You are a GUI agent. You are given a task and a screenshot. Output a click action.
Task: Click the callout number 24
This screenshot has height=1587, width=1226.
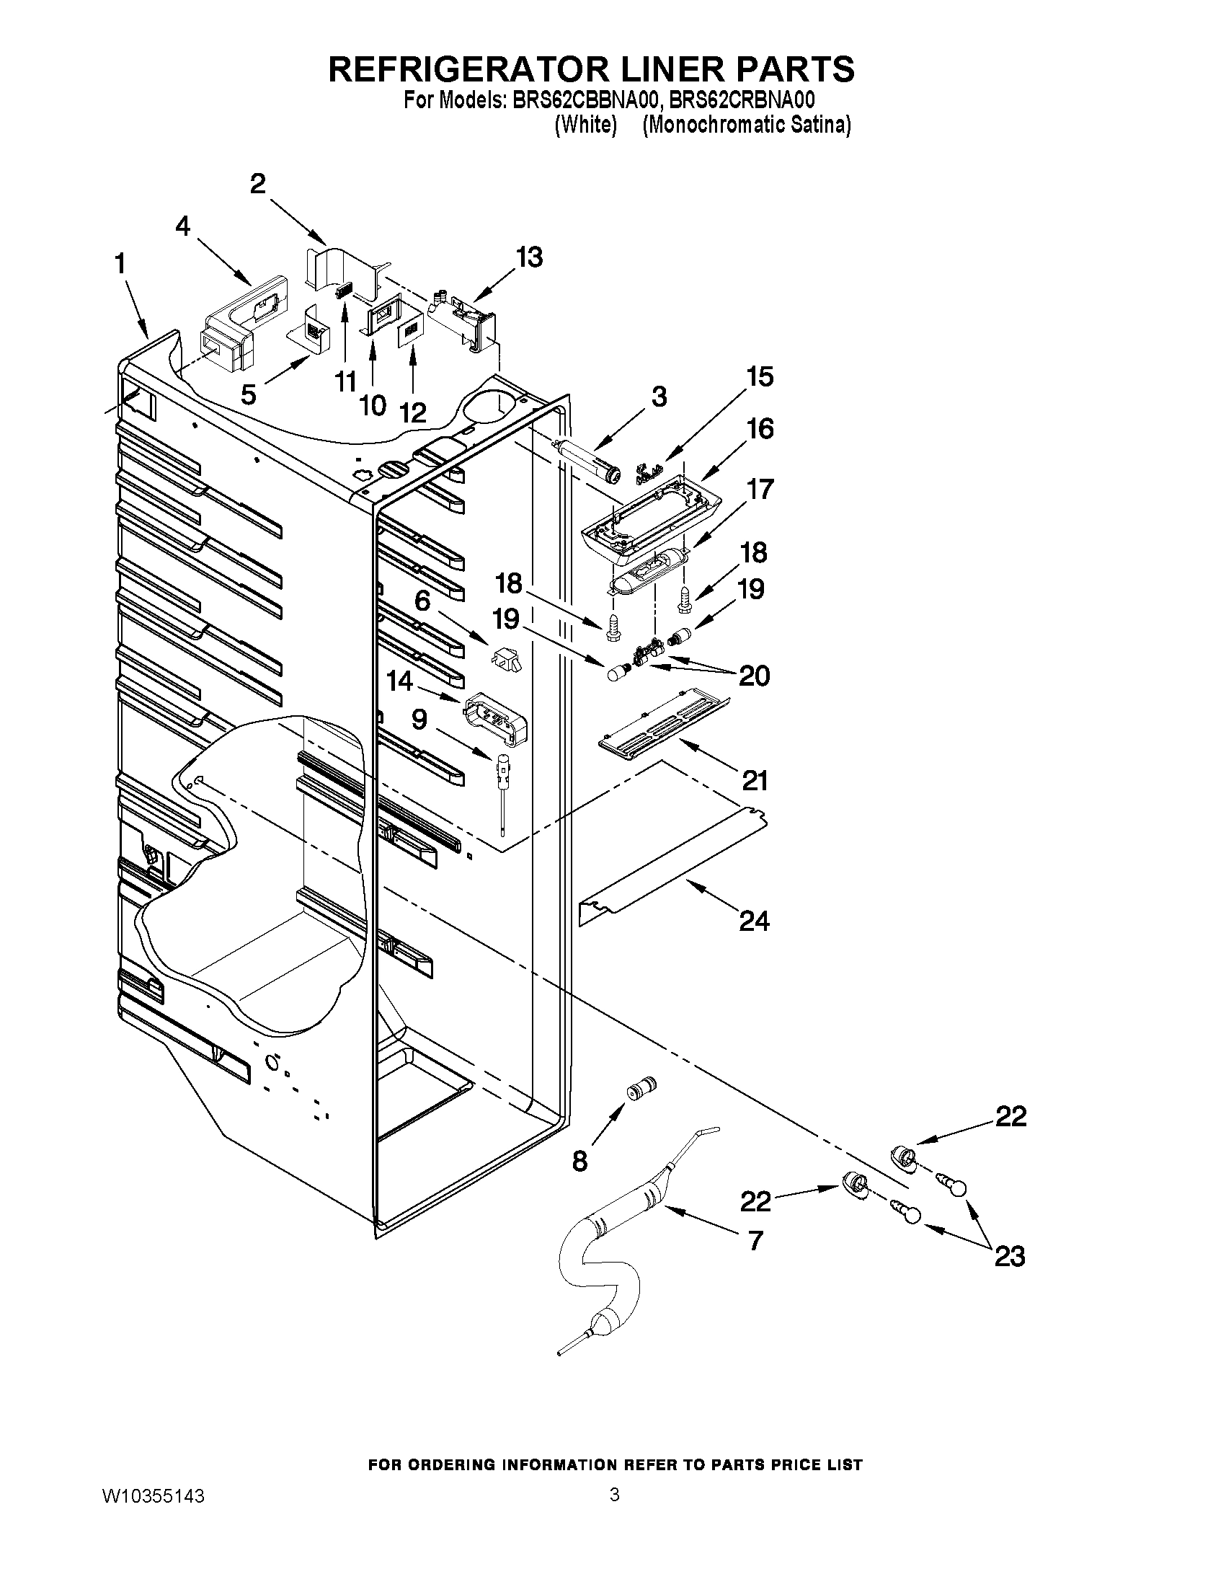754,921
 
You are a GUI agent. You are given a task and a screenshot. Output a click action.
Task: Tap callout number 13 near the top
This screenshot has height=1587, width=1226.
530,257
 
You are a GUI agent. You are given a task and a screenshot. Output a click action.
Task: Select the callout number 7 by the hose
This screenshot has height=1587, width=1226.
755,1240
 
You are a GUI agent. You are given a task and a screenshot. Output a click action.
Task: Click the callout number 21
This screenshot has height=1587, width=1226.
755,781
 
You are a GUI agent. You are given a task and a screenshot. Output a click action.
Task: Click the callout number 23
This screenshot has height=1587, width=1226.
1010,1255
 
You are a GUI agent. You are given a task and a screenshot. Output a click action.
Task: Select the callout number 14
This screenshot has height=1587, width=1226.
400,681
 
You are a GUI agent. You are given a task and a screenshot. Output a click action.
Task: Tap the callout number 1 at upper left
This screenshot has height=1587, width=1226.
120,264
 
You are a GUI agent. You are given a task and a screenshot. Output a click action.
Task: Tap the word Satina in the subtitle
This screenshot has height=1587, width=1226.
820,125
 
